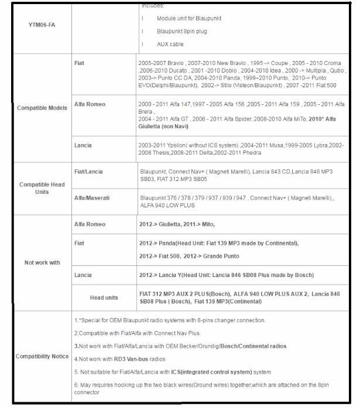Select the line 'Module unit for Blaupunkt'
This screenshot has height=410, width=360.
[x=188, y=19]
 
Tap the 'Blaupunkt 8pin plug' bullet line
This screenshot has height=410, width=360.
[x=181, y=31]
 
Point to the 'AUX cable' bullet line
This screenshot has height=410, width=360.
[x=170, y=45]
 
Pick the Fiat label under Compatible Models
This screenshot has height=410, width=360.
[x=80, y=63]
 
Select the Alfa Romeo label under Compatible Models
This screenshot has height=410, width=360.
[x=90, y=104]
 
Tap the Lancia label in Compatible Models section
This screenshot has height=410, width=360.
[x=83, y=145]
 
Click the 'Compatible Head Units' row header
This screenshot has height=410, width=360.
[x=42, y=188]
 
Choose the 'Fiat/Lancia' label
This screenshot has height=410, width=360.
[x=88, y=172]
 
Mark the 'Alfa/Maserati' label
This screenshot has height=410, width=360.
[x=90, y=199]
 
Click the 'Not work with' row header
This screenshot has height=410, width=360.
[x=42, y=262]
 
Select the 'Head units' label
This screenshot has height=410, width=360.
[x=104, y=298]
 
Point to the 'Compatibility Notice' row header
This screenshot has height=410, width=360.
[x=42, y=356]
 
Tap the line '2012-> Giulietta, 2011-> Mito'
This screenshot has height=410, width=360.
[x=181, y=224]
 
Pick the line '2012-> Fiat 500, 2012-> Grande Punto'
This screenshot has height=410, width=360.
[x=189, y=257]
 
